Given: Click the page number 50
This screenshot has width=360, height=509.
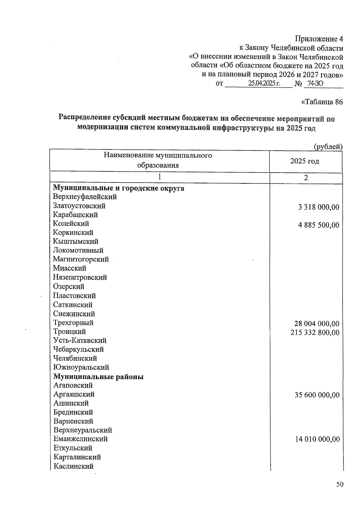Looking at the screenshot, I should click(339, 484).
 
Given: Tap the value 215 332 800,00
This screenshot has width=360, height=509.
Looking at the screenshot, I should click(315, 333).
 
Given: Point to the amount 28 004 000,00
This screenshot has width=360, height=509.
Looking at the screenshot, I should click(317, 324).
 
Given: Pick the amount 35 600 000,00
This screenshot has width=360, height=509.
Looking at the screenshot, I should click(317, 395).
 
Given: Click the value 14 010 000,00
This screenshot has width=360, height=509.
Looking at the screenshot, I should click(317, 439).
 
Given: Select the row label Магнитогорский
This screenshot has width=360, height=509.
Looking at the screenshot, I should click(81, 259).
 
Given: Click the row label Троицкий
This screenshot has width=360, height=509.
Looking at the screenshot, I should click(69, 332).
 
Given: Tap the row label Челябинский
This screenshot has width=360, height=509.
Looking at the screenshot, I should click(75, 358).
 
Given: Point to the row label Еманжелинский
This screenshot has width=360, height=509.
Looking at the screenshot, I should click(80, 439).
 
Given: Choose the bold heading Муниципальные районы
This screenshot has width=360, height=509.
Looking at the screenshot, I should click(98, 376).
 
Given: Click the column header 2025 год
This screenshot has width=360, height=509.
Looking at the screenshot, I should click(304, 161).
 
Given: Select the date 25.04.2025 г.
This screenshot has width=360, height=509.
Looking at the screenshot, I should click(264, 83).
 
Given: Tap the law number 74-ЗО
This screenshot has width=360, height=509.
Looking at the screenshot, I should click(315, 83).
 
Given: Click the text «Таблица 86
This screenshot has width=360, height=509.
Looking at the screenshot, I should click(321, 102).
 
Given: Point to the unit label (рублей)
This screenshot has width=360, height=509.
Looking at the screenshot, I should click(328, 147).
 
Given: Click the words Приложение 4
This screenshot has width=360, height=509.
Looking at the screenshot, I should click(319, 39).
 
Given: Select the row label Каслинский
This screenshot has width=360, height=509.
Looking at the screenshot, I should click(73, 466).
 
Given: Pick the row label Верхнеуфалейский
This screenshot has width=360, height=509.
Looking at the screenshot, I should click(85, 197).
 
